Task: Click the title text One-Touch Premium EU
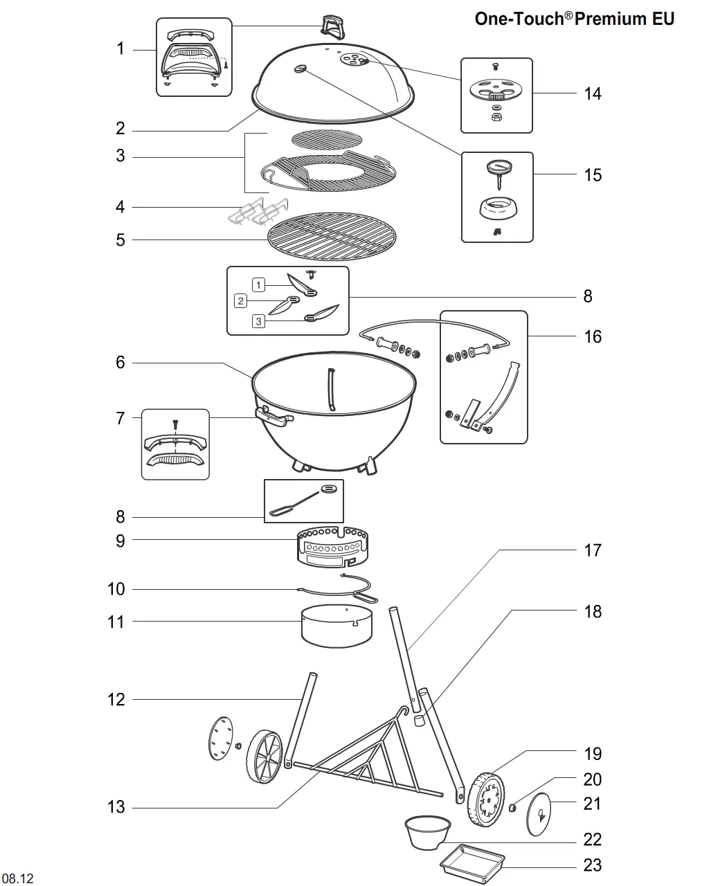click(x=574, y=19)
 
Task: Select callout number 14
click(x=593, y=94)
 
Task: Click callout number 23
click(x=593, y=865)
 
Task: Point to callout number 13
click(x=116, y=807)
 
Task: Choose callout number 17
click(x=593, y=550)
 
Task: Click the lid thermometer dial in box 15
click(x=499, y=167)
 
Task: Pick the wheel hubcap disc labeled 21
click(x=539, y=815)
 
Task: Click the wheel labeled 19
click(x=486, y=799)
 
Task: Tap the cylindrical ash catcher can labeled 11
click(x=336, y=626)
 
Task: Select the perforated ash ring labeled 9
click(x=332, y=547)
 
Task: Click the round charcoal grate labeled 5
click(x=332, y=236)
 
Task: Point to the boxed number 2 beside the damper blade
click(x=240, y=300)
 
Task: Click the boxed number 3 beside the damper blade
click(x=258, y=321)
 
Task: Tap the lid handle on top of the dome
click(x=333, y=26)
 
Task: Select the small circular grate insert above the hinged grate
click(x=327, y=139)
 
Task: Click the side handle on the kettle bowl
click(x=273, y=417)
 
